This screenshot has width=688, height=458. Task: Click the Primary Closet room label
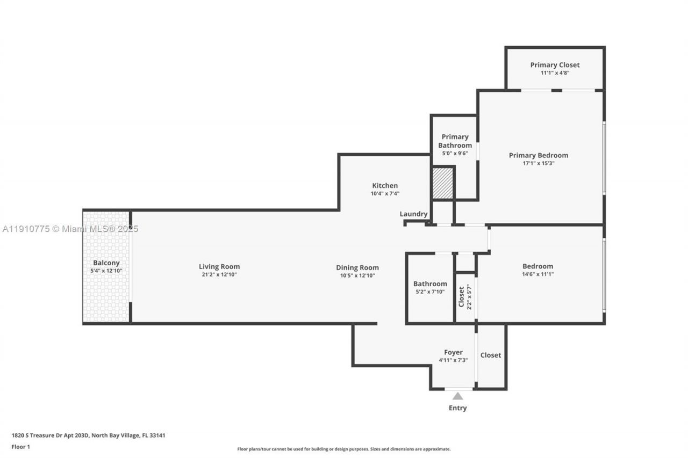coord(555,65)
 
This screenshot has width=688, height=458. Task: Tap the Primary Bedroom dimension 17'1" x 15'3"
coord(538,163)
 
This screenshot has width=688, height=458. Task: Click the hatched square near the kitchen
coord(443,184)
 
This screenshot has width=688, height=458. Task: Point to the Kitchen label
coord(385,186)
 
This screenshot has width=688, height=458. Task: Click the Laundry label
coord(413,214)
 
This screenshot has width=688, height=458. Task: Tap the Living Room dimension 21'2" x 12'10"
coord(219,275)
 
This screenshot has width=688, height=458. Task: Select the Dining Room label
coord(357,267)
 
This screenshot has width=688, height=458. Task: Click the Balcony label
coord(106,263)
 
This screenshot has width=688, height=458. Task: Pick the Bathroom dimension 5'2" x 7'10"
coord(430,292)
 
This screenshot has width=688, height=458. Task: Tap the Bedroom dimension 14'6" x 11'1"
coord(537,274)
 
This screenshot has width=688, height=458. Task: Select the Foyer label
coord(453,352)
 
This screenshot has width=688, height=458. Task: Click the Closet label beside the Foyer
coord(490,355)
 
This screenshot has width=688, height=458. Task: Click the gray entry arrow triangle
coord(457,396)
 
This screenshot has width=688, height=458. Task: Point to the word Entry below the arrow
coord(457,408)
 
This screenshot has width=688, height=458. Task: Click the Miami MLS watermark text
coord(70,229)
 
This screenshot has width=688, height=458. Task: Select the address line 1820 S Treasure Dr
coord(88,435)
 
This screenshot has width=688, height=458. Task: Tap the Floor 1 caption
coord(21,447)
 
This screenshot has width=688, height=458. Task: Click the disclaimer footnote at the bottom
coord(344,449)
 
